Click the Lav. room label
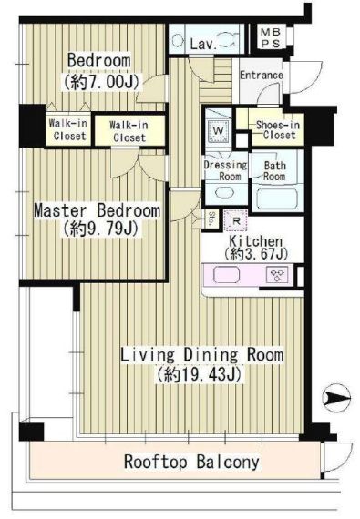203,44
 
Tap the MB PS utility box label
271,37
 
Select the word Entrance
262,76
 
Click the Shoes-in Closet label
278,129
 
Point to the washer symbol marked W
218,130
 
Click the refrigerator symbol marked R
236,220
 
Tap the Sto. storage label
211,219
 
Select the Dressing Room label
226,170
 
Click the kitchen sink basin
227,275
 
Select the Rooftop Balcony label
191,462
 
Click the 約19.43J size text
200,375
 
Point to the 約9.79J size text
100,229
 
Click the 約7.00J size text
100,81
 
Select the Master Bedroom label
98,210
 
